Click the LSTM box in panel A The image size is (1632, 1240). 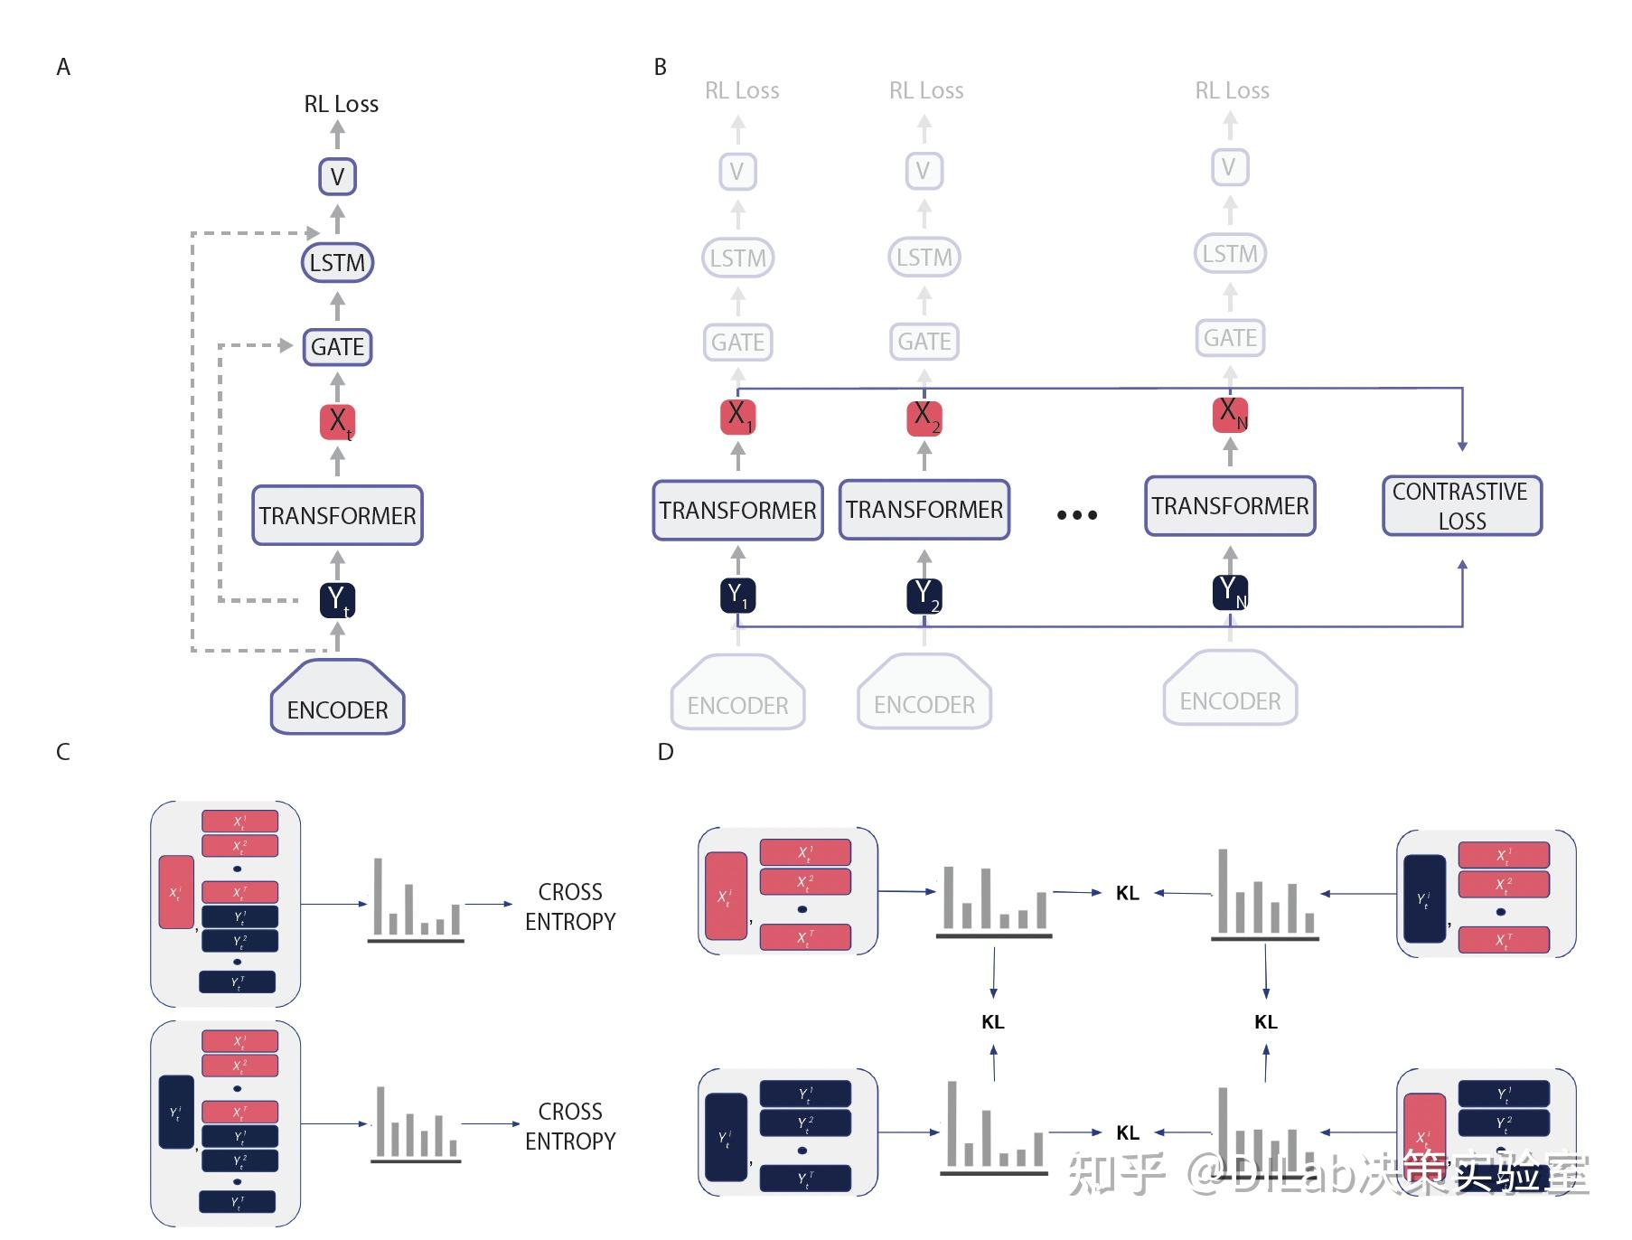click(x=337, y=263)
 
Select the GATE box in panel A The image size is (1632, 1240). click(x=337, y=347)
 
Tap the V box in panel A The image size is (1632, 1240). click(x=337, y=176)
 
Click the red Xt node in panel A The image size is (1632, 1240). click(x=337, y=422)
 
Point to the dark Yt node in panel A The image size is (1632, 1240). click(x=337, y=600)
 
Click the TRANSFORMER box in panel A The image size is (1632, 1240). click(x=337, y=515)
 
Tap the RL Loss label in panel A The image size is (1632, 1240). click(x=341, y=104)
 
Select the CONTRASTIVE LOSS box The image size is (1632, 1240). click(x=1461, y=506)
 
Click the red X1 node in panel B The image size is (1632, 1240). click(x=737, y=417)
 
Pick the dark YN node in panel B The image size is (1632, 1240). click(x=1230, y=592)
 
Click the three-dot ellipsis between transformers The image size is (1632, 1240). click(x=1076, y=515)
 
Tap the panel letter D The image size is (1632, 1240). click(x=665, y=752)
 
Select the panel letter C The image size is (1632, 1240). click(x=62, y=752)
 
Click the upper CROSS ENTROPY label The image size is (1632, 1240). click(x=570, y=907)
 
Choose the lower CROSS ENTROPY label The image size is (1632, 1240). click(x=570, y=1126)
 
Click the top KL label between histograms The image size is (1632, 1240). click(x=1127, y=893)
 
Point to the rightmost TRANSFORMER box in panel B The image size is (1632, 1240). click(x=1230, y=506)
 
